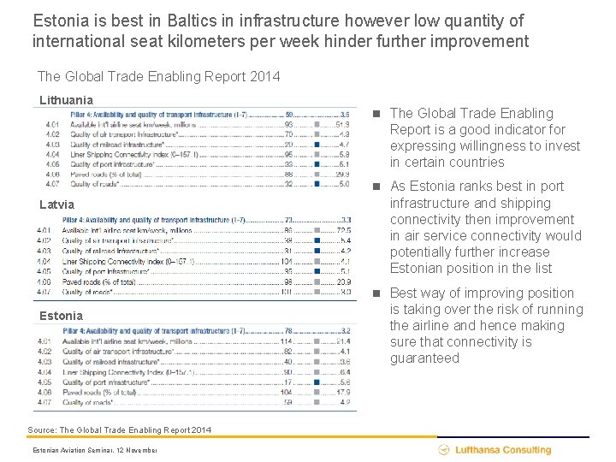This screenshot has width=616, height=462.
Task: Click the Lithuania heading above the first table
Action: [66, 100]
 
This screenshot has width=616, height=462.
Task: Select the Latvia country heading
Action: [57, 204]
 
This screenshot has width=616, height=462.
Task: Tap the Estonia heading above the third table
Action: [61, 316]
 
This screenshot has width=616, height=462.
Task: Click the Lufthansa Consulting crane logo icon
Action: [444, 450]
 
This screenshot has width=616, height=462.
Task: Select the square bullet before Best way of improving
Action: [377, 293]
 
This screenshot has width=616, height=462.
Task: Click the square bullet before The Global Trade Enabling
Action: [377, 114]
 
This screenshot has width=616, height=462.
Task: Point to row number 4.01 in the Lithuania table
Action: [53, 124]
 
